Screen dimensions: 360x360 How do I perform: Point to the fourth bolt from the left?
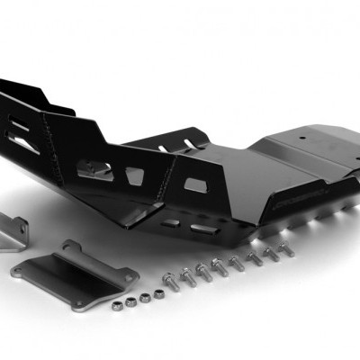(219, 266)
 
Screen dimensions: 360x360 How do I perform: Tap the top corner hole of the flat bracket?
(69, 245)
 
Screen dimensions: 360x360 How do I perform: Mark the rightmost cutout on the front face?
(195, 185)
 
